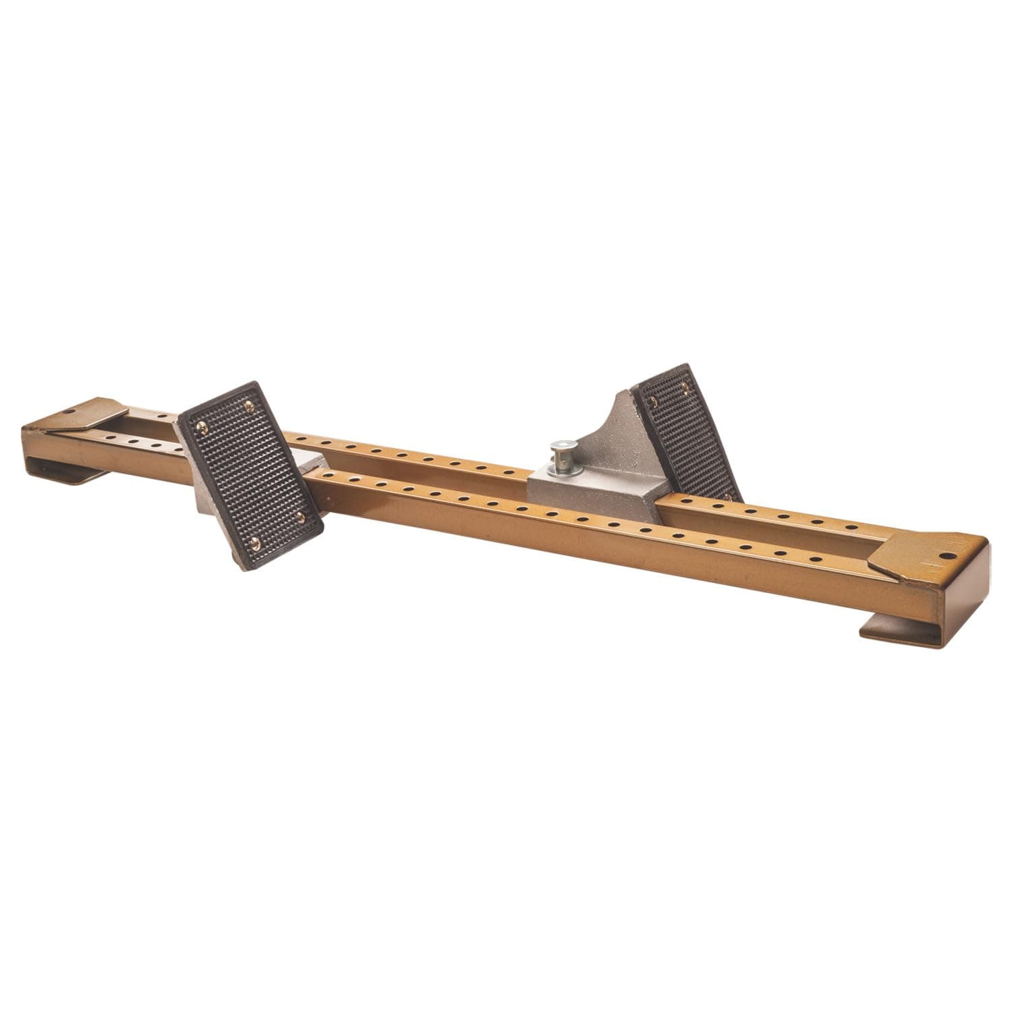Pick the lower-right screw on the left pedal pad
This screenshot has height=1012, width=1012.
click(301, 516)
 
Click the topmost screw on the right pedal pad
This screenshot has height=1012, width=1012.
click(686, 385)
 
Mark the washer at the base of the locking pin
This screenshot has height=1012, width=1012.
click(559, 466)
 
